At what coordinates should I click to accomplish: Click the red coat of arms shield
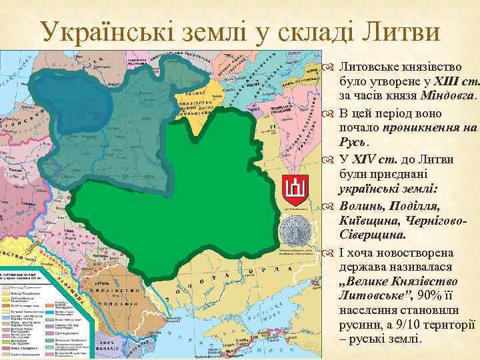coord(293,189)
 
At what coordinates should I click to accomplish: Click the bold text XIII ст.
coord(456,82)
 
